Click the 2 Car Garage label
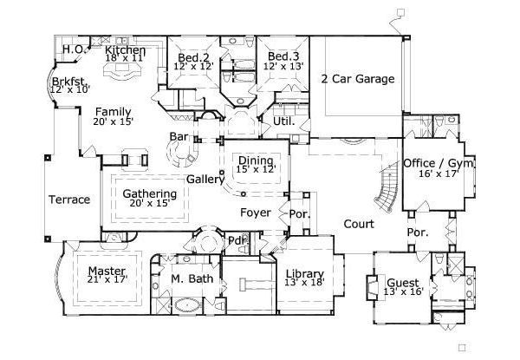pyautogui.click(x=357, y=79)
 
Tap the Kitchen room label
pyautogui.click(x=125, y=50)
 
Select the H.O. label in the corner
pyautogui.click(x=73, y=50)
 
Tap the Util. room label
pyautogui.click(x=284, y=121)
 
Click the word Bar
pyautogui.click(x=179, y=136)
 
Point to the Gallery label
pyautogui.click(x=205, y=179)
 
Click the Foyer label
pyautogui.click(x=256, y=213)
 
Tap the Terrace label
pyautogui.click(x=68, y=200)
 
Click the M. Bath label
pyautogui.click(x=187, y=278)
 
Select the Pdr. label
pyautogui.click(x=236, y=240)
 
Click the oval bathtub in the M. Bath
pyautogui.click(x=185, y=306)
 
